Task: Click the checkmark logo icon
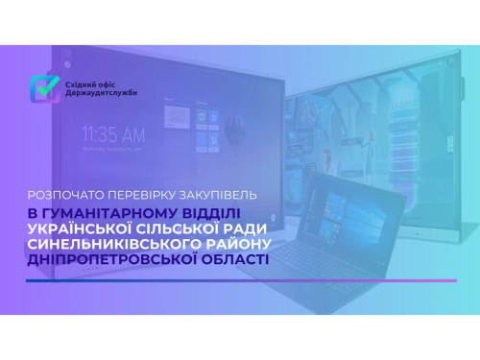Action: click(42, 88)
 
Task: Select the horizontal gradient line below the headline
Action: click(240, 280)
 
